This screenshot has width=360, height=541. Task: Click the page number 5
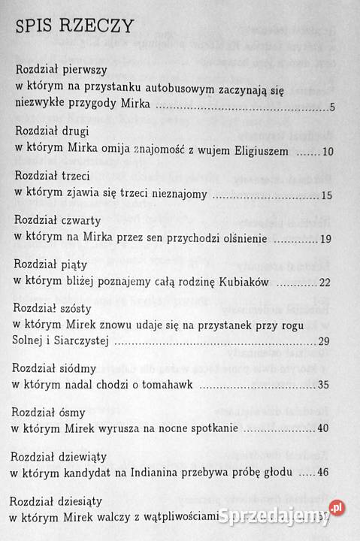pos(331,108)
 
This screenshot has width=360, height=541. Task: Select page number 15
pos(326,195)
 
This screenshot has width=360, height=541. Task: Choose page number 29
pos(325,341)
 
